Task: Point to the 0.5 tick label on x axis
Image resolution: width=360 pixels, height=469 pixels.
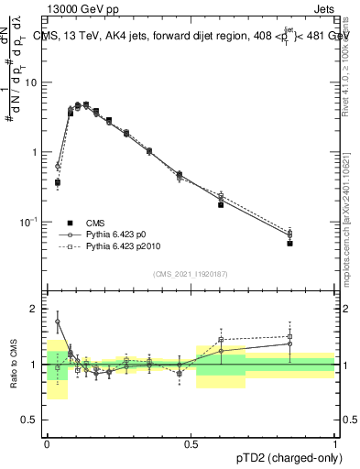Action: click(191, 442)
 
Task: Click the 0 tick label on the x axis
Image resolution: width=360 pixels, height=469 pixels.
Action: click(47, 442)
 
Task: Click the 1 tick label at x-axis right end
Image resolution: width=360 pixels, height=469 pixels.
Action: click(335, 442)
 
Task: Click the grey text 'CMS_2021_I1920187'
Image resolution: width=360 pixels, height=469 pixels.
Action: click(191, 273)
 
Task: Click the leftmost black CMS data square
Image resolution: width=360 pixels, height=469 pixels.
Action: click(58, 182)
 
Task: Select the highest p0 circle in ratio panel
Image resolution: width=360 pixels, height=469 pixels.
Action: click(58, 322)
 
